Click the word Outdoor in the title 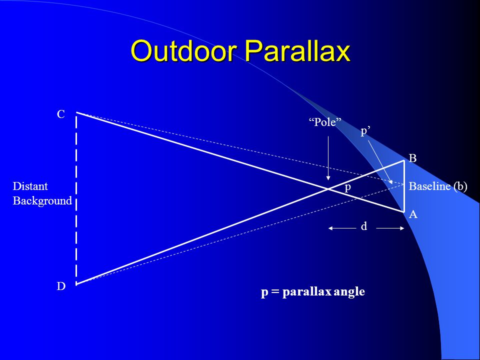pos(183,51)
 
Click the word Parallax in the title pos(297,51)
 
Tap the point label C pos(61,114)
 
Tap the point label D pos(61,286)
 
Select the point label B pos(412,158)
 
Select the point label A pos(413,214)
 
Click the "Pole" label pos(325,122)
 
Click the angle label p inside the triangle pos(348,187)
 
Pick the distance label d pos(364,226)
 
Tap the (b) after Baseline pos(460,186)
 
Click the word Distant pos(30,186)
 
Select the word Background pos(42,201)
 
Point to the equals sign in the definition pos(275,291)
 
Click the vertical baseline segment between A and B pos(404,186)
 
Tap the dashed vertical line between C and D pos(76,198)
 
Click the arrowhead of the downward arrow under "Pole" pos(328,178)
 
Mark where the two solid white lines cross pos(328,189)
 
